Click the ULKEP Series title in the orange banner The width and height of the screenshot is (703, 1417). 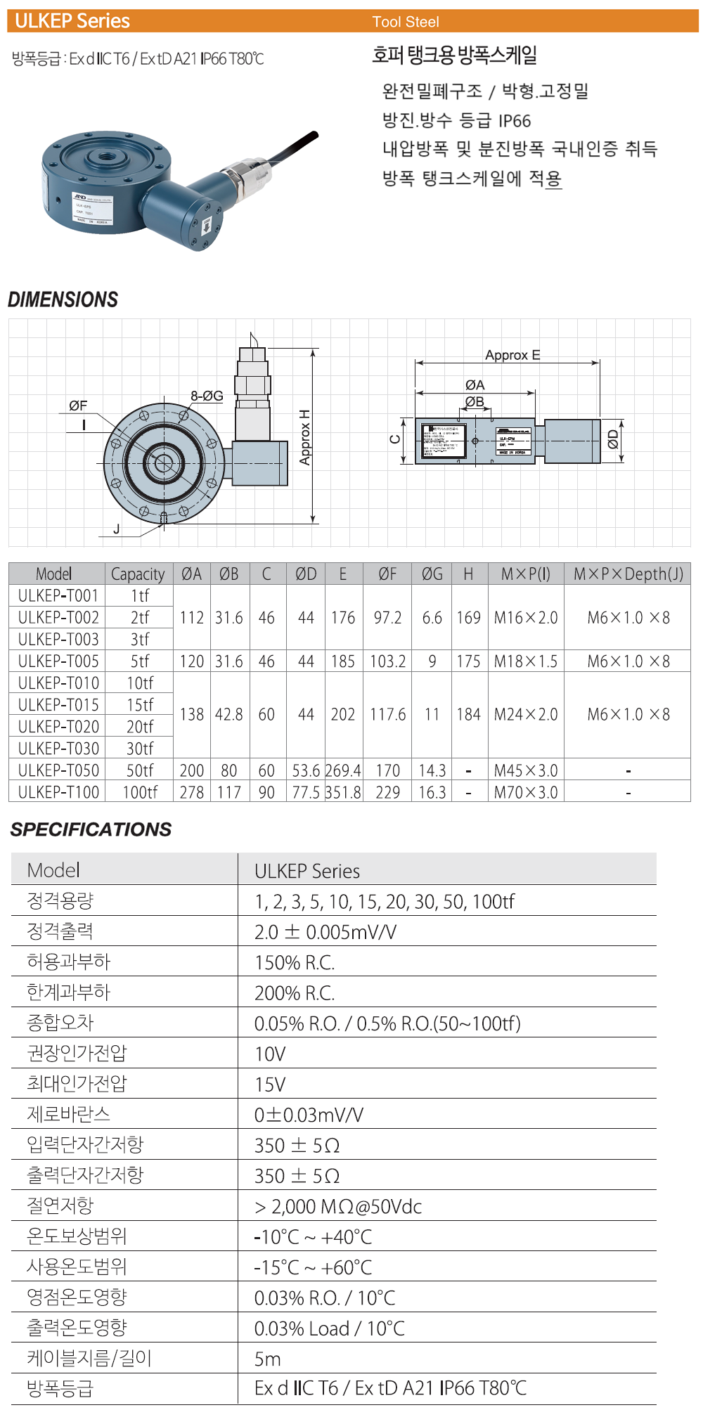tap(72, 21)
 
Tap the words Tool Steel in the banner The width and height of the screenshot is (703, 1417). tap(406, 22)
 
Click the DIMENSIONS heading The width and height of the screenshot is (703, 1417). tap(63, 299)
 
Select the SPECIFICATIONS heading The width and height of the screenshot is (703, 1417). tap(91, 829)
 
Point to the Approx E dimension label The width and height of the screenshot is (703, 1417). tap(512, 355)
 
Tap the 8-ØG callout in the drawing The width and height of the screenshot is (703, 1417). tap(207, 396)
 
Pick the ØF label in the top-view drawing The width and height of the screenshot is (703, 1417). tap(78, 406)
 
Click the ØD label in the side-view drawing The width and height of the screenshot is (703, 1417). tap(613, 439)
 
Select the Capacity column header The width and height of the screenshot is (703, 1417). tap(138, 574)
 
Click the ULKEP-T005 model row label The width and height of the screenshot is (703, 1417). tap(58, 661)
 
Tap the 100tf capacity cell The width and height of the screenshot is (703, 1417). tap(140, 792)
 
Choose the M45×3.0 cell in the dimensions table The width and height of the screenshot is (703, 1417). tap(526, 770)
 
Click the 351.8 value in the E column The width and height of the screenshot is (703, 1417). tap(343, 792)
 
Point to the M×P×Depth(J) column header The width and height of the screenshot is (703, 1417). tap(628, 574)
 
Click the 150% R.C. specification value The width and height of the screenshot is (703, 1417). tap(295, 962)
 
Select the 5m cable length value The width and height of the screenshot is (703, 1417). tap(268, 1359)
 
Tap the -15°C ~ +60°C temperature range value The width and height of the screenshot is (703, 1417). tap(313, 1267)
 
